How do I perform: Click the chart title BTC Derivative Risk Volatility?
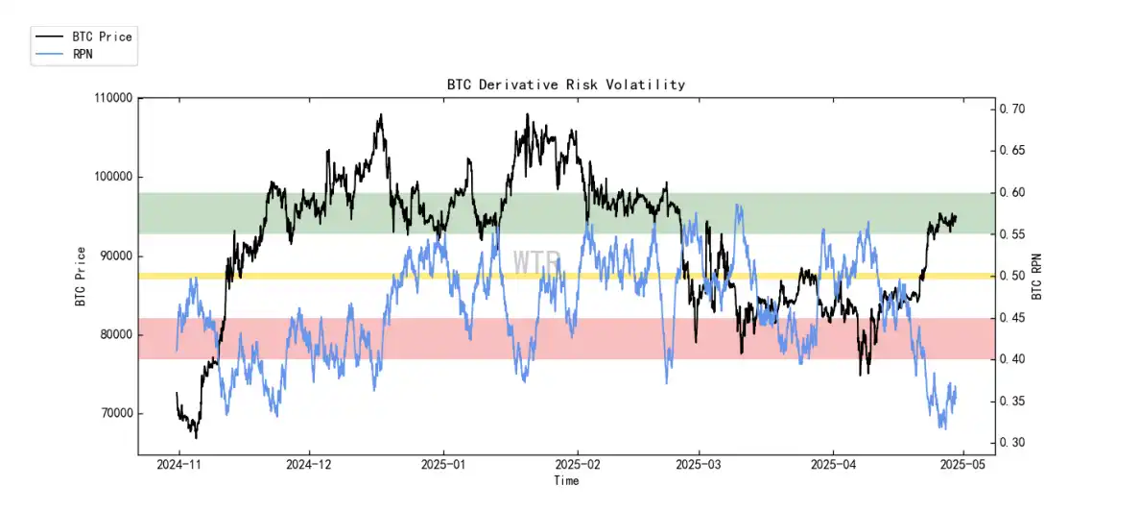click(566, 85)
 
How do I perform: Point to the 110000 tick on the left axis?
click(112, 98)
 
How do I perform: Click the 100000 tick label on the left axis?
click(112, 177)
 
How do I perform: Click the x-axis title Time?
click(566, 480)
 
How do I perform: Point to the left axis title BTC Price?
click(81, 277)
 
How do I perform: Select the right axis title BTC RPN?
click(1038, 277)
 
